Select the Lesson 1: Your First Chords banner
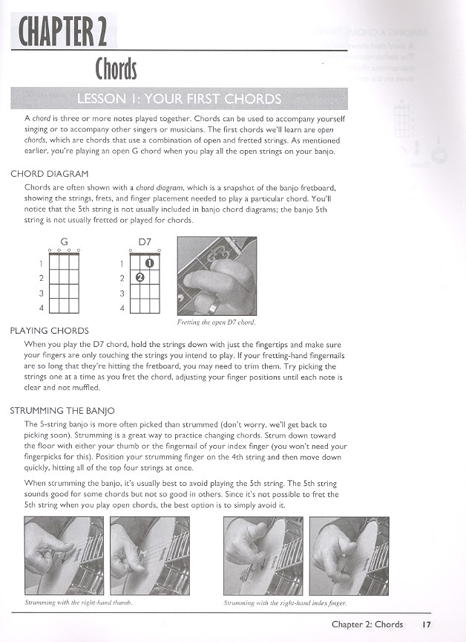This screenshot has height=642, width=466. (179, 100)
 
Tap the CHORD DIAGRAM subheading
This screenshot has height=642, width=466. (50, 174)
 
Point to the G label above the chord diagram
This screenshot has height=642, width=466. (65, 241)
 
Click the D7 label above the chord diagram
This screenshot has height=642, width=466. (145, 241)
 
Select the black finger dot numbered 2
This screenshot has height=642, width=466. (140, 278)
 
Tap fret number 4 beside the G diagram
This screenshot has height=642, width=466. (41, 307)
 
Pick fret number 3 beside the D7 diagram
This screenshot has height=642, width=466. (121, 293)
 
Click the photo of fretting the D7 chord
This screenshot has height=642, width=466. (216, 276)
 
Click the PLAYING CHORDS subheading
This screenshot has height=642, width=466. (50, 331)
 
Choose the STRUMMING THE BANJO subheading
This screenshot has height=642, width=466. (63, 410)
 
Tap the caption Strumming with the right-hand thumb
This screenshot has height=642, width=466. (78, 603)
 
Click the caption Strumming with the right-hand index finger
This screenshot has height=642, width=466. (285, 603)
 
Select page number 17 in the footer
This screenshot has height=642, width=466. (425, 624)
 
